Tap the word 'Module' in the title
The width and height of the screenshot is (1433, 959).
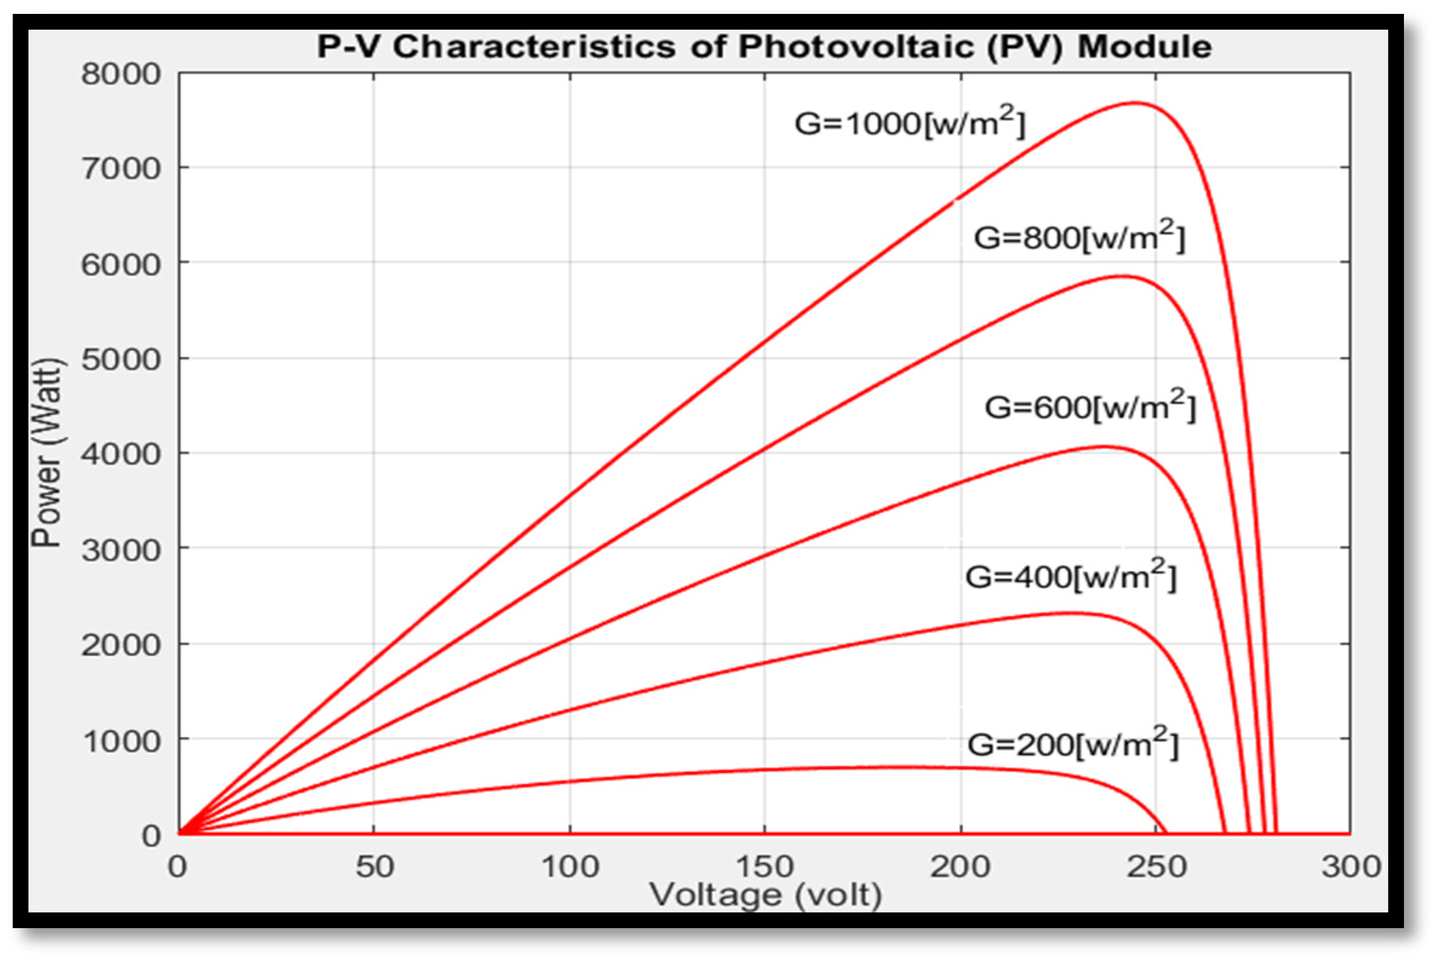coord(1144,47)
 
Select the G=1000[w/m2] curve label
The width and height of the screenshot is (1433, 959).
coord(910,123)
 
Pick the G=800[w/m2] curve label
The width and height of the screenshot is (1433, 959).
coord(1080,237)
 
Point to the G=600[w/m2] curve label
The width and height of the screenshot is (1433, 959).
coord(1090,407)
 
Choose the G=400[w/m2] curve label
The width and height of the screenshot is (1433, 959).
coord(1071,576)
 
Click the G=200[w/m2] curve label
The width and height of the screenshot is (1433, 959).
coord(1072,744)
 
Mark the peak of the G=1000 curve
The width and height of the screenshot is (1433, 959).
coord(1135,103)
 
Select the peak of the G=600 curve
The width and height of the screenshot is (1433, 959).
coord(1103,447)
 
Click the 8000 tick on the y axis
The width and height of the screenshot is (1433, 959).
coord(120,74)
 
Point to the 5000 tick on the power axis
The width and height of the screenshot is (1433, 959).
coord(120,359)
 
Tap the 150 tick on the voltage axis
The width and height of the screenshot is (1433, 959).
coord(764,867)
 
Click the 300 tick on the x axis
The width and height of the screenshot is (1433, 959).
coord(1351,867)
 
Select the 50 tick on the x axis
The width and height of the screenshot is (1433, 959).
coord(375,867)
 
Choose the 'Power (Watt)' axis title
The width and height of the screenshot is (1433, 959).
coord(47,453)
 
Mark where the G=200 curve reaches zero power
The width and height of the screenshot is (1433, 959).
coord(1167,833)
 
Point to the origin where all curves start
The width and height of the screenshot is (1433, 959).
coord(179,833)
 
